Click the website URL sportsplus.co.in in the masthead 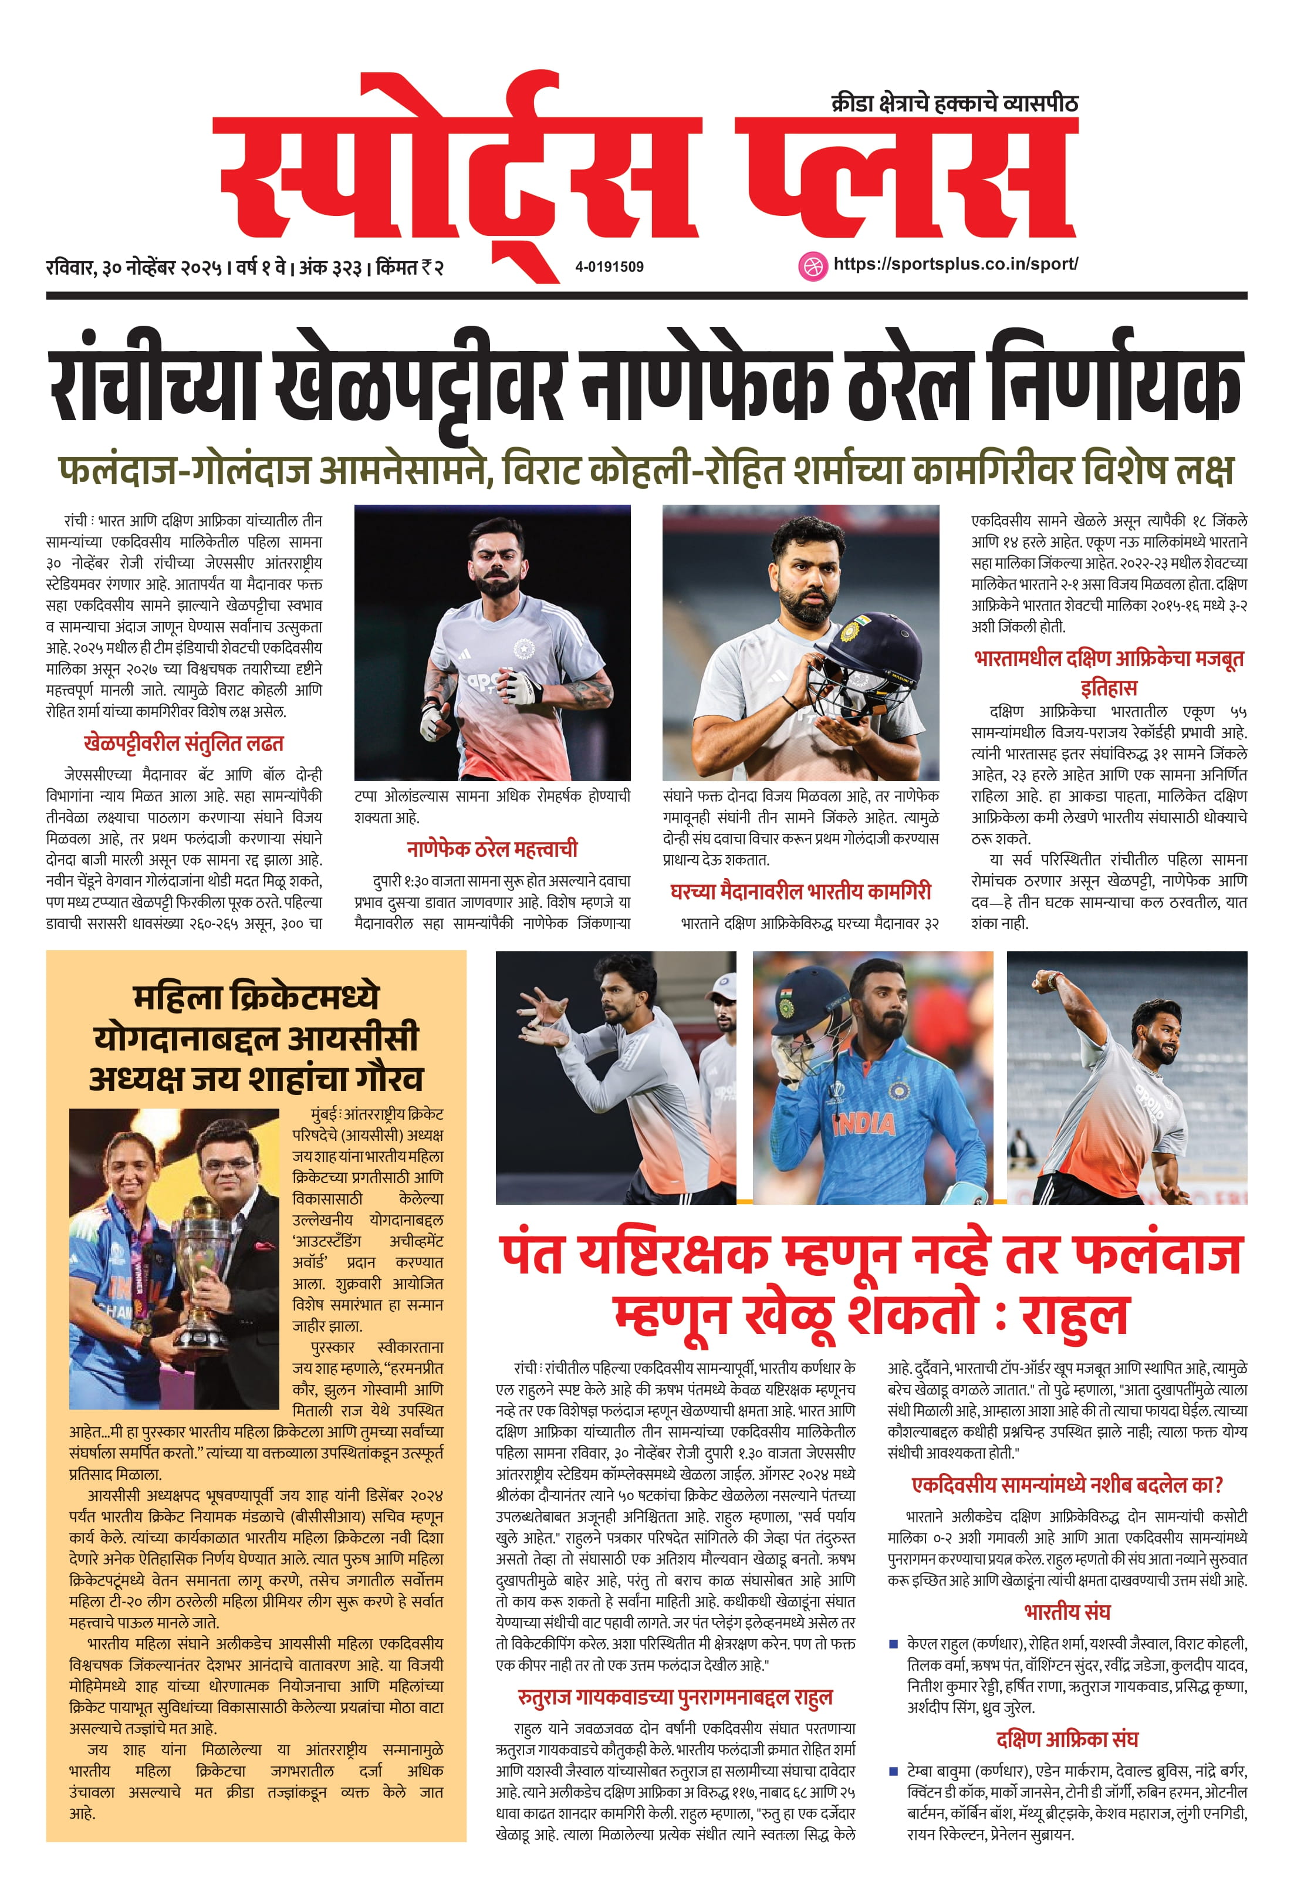click(955, 264)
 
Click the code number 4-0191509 click(609, 266)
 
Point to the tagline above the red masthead click(954, 103)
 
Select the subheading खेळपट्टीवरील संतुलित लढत click(184, 744)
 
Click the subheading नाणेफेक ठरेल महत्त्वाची click(492, 849)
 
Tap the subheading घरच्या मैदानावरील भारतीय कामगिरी click(800, 891)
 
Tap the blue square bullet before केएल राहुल click(894, 1644)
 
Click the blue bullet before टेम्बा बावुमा click(894, 1771)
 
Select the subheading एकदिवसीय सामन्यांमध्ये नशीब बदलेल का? click(1066, 1485)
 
